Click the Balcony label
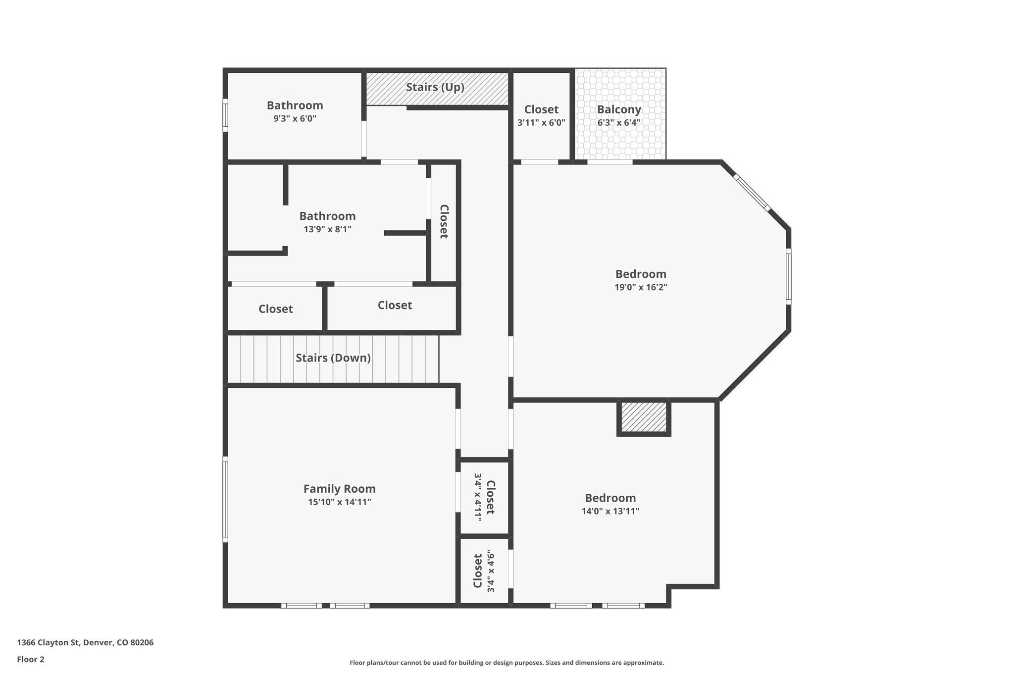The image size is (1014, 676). click(618, 109)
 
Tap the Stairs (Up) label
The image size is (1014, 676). click(435, 87)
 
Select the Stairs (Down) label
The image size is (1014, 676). click(333, 358)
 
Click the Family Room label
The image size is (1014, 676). click(339, 489)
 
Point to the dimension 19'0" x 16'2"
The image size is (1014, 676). click(641, 287)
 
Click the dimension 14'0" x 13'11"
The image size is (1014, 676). click(610, 511)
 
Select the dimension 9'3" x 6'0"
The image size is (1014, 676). click(295, 118)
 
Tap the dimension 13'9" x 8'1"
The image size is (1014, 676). click(327, 229)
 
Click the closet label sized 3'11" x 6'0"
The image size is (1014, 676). click(541, 109)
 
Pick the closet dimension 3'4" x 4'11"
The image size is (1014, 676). click(478, 497)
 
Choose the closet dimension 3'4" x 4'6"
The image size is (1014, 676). click(491, 571)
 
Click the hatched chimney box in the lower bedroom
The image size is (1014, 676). click(644, 417)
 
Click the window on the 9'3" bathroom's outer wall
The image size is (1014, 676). click(225, 115)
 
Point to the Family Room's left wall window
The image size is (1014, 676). click(225, 499)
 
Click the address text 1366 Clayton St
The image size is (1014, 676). click(85, 642)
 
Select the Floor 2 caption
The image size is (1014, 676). click(31, 659)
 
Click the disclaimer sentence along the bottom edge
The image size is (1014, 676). click(507, 663)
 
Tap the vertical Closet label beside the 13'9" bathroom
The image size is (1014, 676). click(444, 221)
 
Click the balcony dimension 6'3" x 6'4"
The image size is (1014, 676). click(618, 122)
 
